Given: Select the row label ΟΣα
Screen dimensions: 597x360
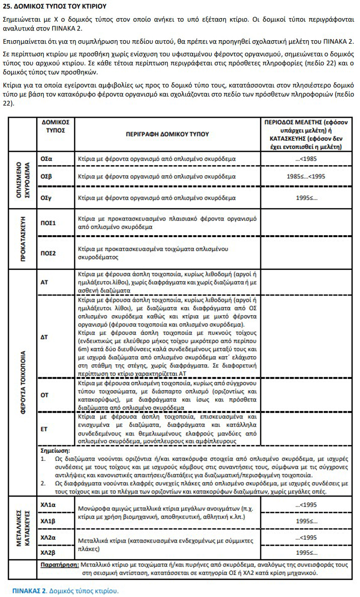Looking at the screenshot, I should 46,159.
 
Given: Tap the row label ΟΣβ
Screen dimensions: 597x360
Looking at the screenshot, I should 46,177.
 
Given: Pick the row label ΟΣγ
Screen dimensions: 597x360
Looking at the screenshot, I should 46,198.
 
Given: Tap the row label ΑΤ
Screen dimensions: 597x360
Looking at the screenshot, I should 44,282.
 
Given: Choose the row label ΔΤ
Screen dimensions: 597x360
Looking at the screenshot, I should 44,337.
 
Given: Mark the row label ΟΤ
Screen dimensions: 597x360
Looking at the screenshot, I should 44,394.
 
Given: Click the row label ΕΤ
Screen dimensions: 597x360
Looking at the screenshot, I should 44,430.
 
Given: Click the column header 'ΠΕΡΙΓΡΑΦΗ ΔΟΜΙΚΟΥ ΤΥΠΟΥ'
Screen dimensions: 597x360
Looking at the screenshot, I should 167,134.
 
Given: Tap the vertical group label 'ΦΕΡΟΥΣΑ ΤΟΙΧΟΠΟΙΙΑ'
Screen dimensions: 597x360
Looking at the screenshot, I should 23,382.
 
